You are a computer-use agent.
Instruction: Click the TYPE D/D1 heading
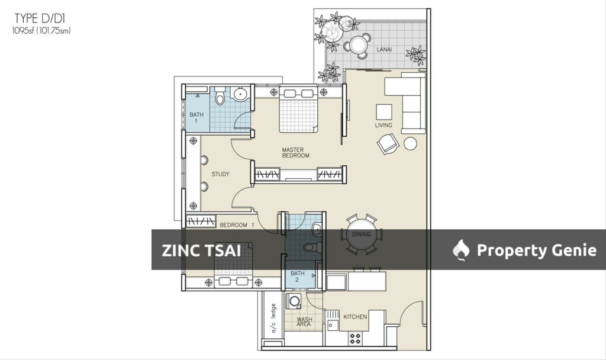(40, 18)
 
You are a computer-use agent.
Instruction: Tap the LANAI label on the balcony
(384, 49)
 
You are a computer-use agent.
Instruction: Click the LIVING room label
(383, 126)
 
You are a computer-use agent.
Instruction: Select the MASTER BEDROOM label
(296, 153)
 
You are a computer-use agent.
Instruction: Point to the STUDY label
(220, 175)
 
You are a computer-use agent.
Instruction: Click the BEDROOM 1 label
(237, 225)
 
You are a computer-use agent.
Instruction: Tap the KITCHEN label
(355, 317)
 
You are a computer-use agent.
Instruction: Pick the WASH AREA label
(304, 322)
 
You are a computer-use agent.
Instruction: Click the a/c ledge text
(273, 318)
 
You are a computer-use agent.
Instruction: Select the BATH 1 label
(196, 118)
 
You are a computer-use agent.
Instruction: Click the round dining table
(362, 235)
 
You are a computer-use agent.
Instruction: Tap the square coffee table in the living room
(383, 112)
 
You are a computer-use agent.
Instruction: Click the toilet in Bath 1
(220, 96)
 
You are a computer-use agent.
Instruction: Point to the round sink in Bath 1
(240, 94)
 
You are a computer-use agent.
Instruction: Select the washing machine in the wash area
(294, 301)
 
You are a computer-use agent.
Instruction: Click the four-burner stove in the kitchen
(355, 339)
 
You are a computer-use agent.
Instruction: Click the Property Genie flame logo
(461, 250)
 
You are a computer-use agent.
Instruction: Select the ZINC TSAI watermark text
(201, 250)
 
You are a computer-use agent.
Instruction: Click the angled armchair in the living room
(388, 144)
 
